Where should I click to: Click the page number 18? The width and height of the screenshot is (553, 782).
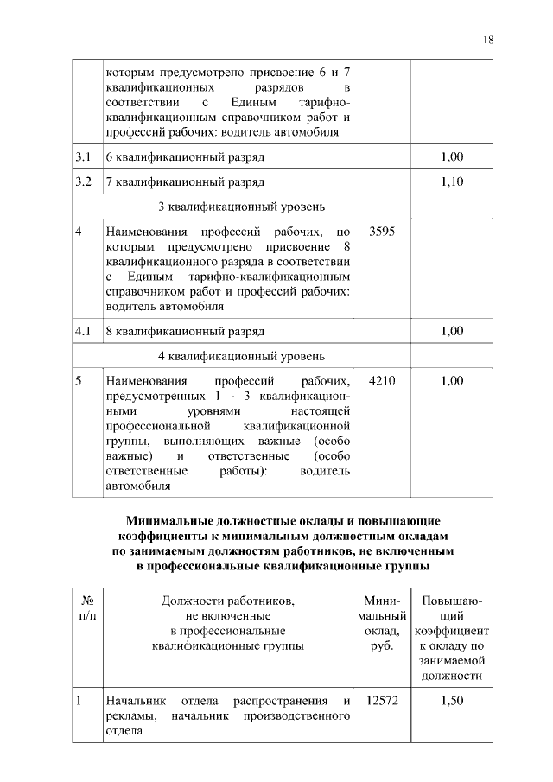(x=488, y=40)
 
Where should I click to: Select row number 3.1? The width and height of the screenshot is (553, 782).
(x=84, y=157)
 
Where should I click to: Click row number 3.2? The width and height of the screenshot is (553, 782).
(x=84, y=182)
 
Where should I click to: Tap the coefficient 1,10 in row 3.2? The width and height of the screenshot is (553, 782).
(x=452, y=182)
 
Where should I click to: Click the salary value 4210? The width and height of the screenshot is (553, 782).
(x=381, y=380)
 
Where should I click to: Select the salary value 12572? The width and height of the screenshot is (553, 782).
(x=381, y=701)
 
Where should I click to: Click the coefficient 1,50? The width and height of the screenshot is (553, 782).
(x=452, y=701)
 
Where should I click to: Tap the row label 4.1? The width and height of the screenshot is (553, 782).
(x=84, y=331)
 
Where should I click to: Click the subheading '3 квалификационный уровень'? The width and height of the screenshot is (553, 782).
(x=241, y=207)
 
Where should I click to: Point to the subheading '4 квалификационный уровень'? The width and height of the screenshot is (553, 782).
(x=241, y=355)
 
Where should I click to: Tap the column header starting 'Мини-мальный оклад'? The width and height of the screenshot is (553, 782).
(x=381, y=623)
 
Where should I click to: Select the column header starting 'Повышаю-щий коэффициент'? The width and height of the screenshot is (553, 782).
(x=452, y=638)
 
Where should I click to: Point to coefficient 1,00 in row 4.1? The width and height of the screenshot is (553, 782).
(x=452, y=331)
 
